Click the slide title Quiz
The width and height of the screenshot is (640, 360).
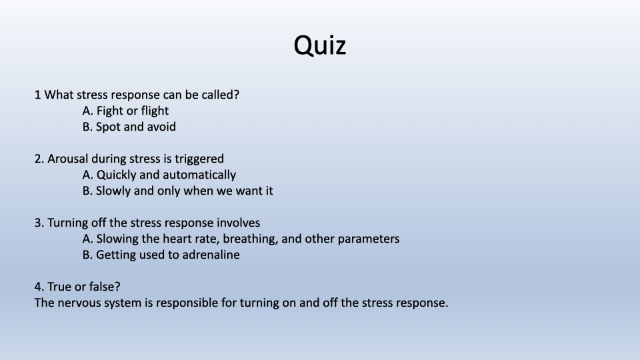pos(320,45)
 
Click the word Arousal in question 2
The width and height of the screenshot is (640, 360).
pos(67,159)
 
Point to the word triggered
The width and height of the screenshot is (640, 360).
pos(199,159)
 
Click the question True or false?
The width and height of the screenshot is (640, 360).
pos(84,287)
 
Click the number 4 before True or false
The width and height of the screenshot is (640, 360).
pos(39,287)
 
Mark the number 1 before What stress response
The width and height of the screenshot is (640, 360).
pos(37,95)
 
